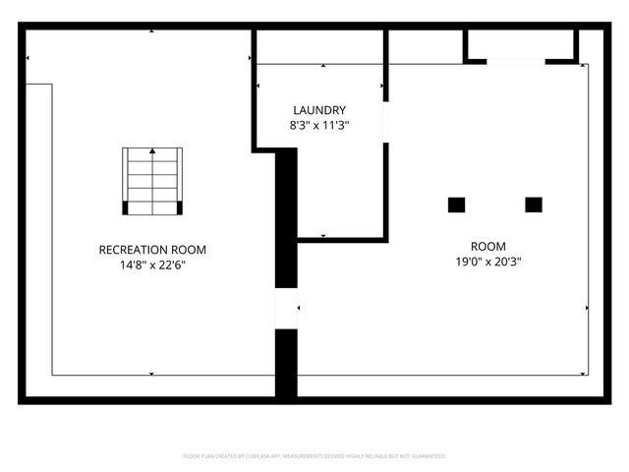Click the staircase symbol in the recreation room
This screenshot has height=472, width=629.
tap(152, 181)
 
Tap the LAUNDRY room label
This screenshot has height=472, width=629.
tap(319, 110)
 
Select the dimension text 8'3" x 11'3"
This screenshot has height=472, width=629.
tap(319, 126)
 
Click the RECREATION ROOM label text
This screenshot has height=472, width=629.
tap(152, 250)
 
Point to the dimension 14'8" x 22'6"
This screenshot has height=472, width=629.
tap(152, 265)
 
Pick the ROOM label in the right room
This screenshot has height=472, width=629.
tap(487, 247)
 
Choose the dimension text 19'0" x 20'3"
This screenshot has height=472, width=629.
tap(487, 263)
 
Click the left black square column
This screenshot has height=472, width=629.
tap(456, 205)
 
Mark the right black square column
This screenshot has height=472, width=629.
tap(534, 205)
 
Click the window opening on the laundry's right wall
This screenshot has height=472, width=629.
tap(386, 122)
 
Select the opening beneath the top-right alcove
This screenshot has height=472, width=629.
tap(516, 62)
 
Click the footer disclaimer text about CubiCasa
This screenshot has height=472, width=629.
tap(314, 456)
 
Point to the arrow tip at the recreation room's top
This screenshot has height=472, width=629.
tap(151, 31)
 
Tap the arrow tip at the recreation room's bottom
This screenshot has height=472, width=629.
tap(151, 373)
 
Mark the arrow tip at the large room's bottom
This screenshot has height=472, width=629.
tap(443, 373)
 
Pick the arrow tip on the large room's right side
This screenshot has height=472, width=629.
tap(587, 308)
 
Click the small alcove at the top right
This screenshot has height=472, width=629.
tap(520, 44)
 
